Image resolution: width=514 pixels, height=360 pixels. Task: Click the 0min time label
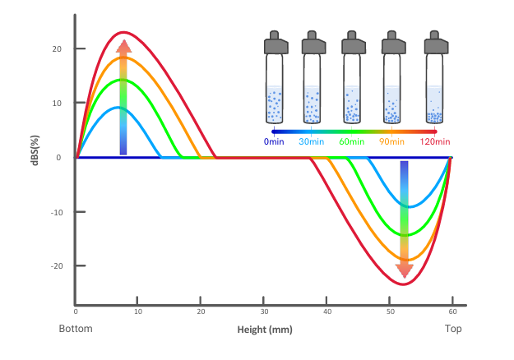(x=274, y=142)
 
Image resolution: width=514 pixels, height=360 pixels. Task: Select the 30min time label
(x=312, y=142)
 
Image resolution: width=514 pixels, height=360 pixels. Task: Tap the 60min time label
(x=352, y=142)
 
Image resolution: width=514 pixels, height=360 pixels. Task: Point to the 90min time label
(x=391, y=142)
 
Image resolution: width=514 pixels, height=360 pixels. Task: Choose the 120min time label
(x=435, y=142)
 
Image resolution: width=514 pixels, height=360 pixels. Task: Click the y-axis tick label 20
(x=57, y=49)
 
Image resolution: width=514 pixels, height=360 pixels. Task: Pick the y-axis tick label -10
(x=57, y=213)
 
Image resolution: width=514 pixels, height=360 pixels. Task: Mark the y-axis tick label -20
(x=57, y=266)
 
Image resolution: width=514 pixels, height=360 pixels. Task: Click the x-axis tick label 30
(x=264, y=312)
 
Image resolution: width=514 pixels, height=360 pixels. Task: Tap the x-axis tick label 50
(x=390, y=312)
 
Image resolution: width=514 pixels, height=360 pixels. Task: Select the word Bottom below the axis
(x=76, y=329)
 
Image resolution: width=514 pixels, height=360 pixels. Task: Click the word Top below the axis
(x=453, y=329)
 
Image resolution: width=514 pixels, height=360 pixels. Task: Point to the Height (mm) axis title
(x=265, y=330)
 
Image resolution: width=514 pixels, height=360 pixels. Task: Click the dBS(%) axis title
(x=35, y=150)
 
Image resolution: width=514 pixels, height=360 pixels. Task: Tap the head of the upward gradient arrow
(x=123, y=46)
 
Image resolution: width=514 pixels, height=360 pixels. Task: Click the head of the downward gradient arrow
(x=404, y=270)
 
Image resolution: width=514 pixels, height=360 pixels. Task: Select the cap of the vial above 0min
(x=276, y=43)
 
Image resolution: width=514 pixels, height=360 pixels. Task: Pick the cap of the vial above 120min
(x=437, y=43)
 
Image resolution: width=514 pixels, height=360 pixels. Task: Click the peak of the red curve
(x=123, y=32)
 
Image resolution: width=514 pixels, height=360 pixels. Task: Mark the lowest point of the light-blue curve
(x=410, y=206)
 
